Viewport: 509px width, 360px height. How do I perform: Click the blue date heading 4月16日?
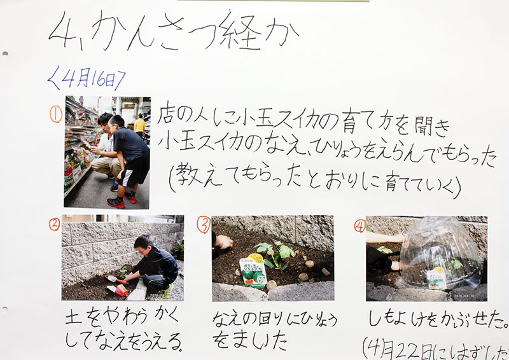pos(87,79)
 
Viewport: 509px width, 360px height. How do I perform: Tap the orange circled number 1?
pos(56,114)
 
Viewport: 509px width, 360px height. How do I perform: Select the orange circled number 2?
pos(54,224)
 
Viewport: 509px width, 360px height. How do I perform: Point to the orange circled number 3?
pos(204,225)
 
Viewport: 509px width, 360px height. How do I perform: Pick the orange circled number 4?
pos(359,226)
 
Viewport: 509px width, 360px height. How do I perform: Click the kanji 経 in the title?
pos(241,32)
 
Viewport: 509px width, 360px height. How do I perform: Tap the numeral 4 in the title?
pos(63,31)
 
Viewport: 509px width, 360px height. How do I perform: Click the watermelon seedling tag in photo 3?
pos(253,273)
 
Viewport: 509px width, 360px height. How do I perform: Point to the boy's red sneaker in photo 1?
pos(116,202)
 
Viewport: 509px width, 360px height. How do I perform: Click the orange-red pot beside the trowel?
pos(120,290)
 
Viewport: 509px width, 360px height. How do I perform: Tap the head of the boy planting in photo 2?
pos(143,244)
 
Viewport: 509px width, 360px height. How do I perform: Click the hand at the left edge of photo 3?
pos(223,242)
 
